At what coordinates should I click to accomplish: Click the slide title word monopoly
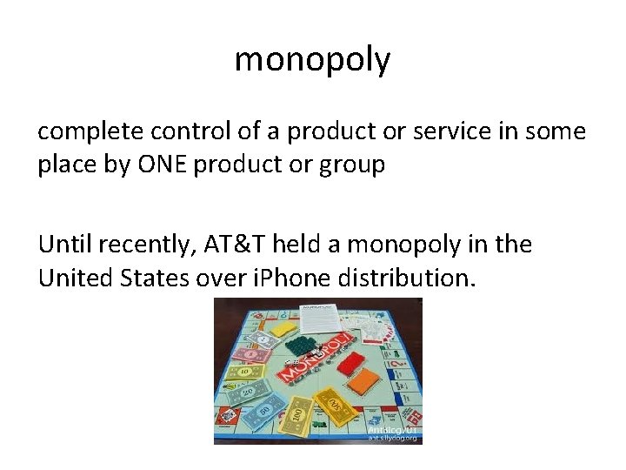[x=312, y=61]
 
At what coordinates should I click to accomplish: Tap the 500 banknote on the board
[x=330, y=404]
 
